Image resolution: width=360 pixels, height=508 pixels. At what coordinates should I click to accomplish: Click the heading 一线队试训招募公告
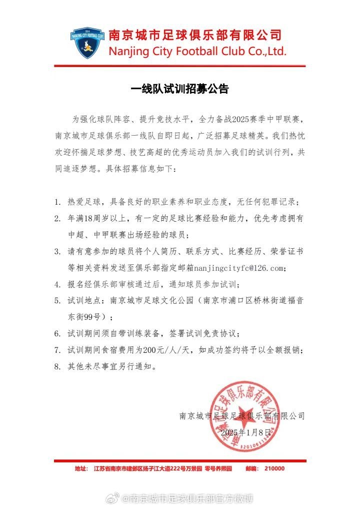pyautogui.click(x=179, y=89)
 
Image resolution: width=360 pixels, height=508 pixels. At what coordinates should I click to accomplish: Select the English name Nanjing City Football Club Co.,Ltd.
pyautogui.click(x=197, y=51)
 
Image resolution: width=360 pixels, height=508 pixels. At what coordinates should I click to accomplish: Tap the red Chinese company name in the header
pyautogui.click(x=195, y=35)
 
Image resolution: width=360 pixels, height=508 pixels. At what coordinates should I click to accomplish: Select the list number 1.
pyautogui.click(x=57, y=202)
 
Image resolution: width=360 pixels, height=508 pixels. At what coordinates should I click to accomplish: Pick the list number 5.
pyautogui.click(x=57, y=301)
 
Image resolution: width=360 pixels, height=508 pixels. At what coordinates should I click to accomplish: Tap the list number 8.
pyautogui.click(x=57, y=367)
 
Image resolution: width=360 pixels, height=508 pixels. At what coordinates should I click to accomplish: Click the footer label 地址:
pyautogui.click(x=80, y=468)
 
